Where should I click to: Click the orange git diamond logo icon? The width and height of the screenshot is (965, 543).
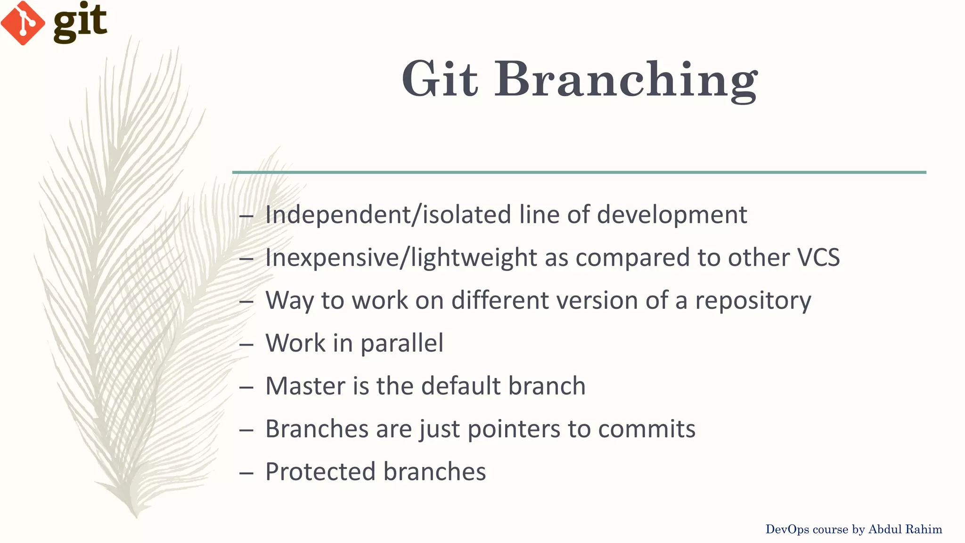point(23,23)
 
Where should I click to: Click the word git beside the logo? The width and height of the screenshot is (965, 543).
point(80,23)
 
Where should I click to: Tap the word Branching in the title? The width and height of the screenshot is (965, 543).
point(626,80)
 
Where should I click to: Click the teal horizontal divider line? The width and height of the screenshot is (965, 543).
point(579,173)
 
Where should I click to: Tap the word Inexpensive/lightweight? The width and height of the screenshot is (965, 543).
point(401,258)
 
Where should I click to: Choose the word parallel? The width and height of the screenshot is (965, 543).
point(402,344)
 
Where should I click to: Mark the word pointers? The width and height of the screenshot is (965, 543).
point(514,429)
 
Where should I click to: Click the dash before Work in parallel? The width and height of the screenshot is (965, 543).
point(246,345)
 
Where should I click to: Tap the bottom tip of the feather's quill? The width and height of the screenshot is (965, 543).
point(136,516)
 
